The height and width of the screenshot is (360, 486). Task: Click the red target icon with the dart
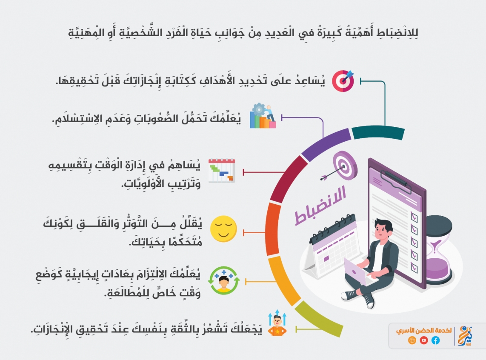click(343, 81)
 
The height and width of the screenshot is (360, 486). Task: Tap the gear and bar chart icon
click(263, 116)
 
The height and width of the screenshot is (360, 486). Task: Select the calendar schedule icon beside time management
click(222, 170)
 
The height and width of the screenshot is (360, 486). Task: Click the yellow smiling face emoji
click(223, 229)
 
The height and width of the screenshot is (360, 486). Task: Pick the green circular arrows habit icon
click(224, 280)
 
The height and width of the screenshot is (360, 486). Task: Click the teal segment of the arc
click(378, 132)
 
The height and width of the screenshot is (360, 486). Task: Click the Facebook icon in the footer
click(435, 340)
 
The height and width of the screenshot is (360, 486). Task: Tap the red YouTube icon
click(424, 340)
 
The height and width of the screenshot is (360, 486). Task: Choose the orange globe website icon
click(412, 340)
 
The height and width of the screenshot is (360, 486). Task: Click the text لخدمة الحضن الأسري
click(424, 330)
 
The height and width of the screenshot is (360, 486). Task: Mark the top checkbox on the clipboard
click(414, 217)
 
